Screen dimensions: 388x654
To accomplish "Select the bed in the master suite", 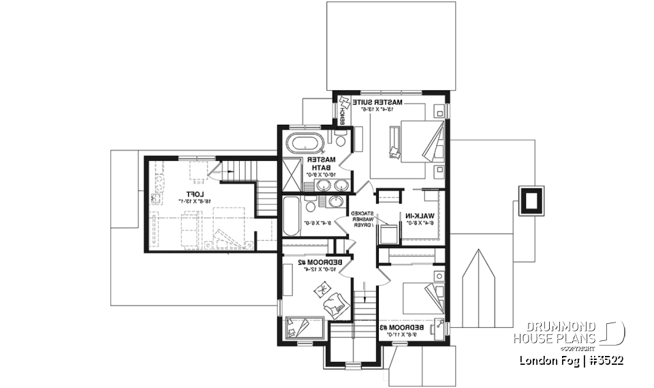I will click(416, 142).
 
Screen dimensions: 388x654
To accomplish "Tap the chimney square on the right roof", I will click(531, 199).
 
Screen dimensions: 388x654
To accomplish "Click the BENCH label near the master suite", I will click(341, 116).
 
